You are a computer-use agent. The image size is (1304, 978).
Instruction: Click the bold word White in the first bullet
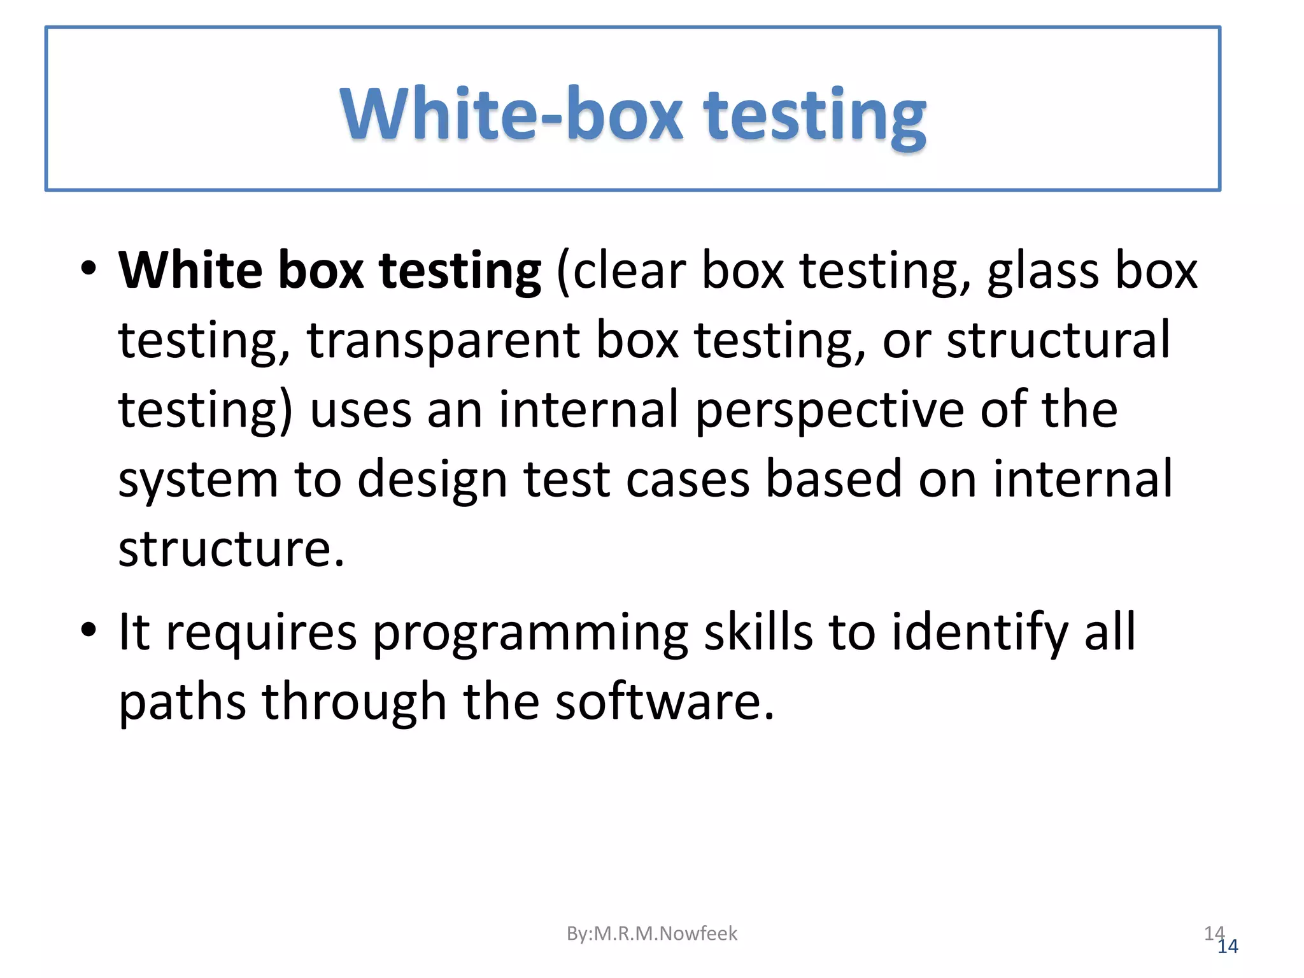point(190,270)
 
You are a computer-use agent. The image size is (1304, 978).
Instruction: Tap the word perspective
point(830,411)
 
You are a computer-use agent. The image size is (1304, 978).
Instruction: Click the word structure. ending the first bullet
point(231,549)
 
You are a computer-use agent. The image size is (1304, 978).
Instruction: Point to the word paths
point(182,702)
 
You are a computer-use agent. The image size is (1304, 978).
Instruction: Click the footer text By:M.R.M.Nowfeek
point(651,933)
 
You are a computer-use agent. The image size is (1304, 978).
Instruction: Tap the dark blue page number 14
point(1228,947)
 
